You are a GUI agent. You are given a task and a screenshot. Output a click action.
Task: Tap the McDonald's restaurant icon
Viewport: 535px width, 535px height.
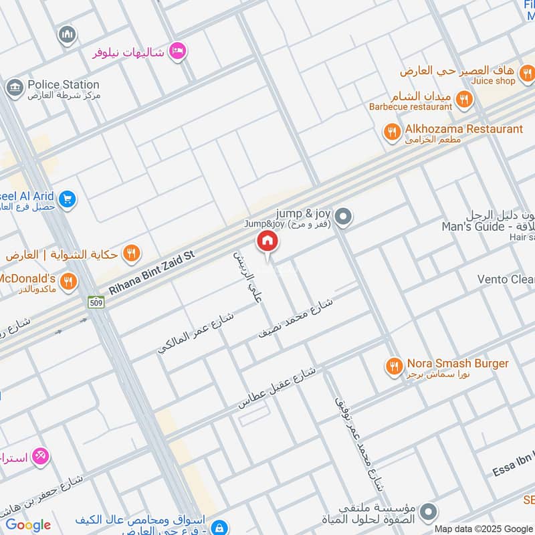tap(68, 282)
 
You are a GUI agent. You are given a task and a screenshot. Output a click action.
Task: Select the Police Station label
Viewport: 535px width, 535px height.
tap(64, 85)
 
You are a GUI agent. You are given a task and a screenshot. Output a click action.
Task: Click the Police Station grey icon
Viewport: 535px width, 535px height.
tap(13, 88)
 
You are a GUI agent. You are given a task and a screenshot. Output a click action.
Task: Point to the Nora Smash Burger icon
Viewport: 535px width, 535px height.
tap(393, 366)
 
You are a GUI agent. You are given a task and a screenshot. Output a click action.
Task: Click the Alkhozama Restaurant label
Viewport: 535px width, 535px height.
tap(464, 128)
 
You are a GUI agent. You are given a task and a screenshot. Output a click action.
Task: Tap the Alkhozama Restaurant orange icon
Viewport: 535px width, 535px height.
tap(392, 132)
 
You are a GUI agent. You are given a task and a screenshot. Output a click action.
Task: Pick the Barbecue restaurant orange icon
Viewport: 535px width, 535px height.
tap(463, 101)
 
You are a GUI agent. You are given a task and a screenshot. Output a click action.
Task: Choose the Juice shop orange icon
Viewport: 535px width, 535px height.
tap(527, 73)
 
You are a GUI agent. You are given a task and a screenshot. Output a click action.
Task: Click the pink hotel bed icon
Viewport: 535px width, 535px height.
tap(177, 51)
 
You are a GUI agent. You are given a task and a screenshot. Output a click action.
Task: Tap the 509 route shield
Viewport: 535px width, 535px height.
tap(96, 302)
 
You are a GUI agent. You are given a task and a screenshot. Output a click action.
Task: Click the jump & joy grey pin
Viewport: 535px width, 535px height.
tap(343, 216)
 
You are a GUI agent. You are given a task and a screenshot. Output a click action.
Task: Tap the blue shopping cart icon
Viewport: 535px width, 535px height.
tap(66, 199)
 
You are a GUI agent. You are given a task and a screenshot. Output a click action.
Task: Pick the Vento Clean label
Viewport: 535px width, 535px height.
tap(506, 279)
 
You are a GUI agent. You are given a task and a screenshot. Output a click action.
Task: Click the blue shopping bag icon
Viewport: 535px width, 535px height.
tap(218, 527)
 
